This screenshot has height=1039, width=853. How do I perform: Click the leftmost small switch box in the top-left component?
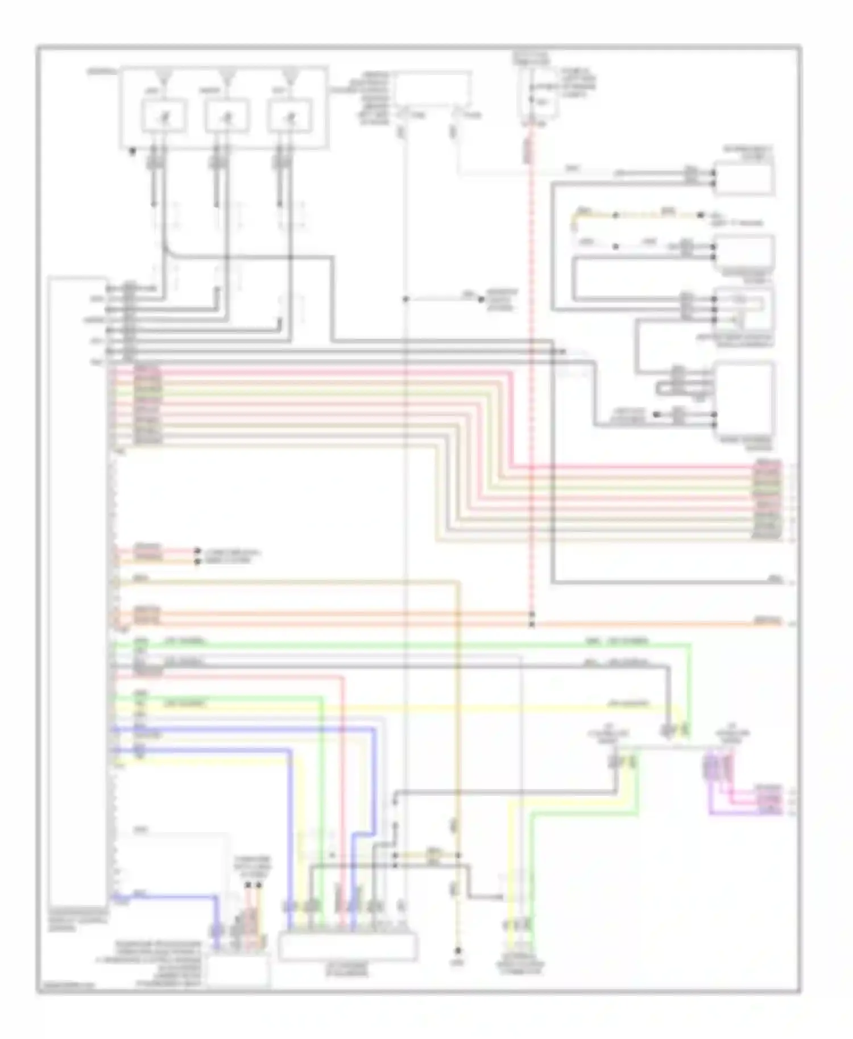pyautogui.click(x=163, y=115)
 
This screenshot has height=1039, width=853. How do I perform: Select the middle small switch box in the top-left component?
pyautogui.click(x=227, y=115)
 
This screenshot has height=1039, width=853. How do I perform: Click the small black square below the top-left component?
pyautogui.click(x=132, y=152)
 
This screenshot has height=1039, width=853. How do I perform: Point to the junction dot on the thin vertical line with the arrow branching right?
pyautogui.click(x=405, y=298)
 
